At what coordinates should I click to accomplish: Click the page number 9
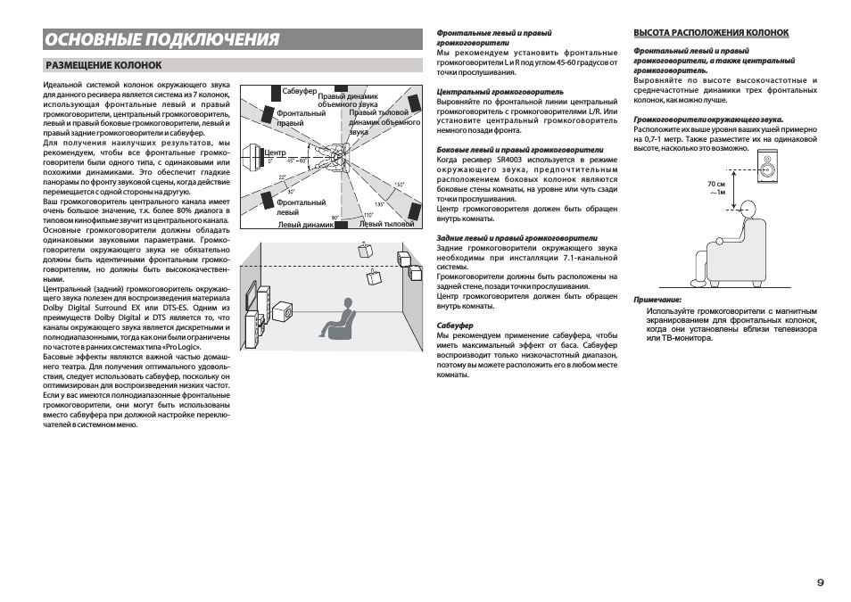click(820, 581)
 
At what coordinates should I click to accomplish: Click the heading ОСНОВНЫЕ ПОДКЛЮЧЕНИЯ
click(161, 39)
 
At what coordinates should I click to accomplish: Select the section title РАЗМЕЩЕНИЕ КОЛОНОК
click(103, 65)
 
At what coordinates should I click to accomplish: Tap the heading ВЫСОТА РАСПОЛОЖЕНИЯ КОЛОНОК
click(711, 33)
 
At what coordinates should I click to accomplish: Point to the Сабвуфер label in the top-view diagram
click(300, 92)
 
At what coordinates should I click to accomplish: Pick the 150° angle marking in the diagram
click(399, 185)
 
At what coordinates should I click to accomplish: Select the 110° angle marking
click(367, 215)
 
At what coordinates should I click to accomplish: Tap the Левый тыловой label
click(387, 224)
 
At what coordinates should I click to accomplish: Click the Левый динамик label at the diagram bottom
click(306, 225)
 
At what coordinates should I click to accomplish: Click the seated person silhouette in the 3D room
click(339, 319)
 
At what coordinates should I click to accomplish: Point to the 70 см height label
click(716, 184)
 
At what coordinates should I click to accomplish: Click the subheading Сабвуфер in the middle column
click(455, 326)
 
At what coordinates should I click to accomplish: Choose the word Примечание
click(657, 301)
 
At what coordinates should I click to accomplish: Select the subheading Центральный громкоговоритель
click(500, 91)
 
